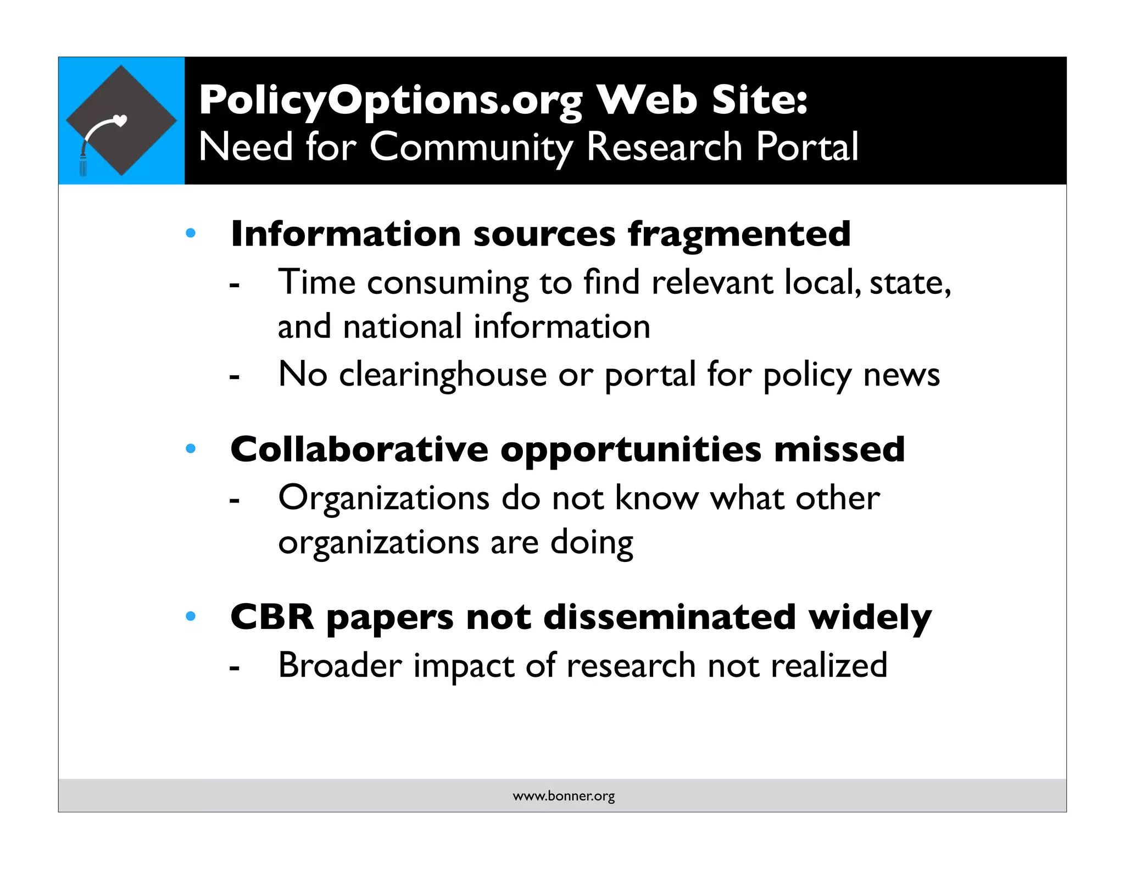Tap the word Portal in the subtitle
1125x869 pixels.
coord(807,147)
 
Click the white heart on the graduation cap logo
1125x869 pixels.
coord(120,120)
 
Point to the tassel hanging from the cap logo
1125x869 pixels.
coord(83,164)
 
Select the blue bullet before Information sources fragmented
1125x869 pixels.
coord(191,233)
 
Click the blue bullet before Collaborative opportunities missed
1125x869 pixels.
coord(191,449)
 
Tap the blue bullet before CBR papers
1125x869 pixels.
coord(191,616)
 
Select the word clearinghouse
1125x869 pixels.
coord(443,376)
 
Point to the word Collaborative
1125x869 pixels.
coord(359,449)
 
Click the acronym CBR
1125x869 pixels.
coord(272,617)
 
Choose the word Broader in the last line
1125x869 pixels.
coord(340,665)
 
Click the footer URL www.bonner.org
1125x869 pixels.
coord(564,796)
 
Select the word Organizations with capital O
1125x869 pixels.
coord(384,499)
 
